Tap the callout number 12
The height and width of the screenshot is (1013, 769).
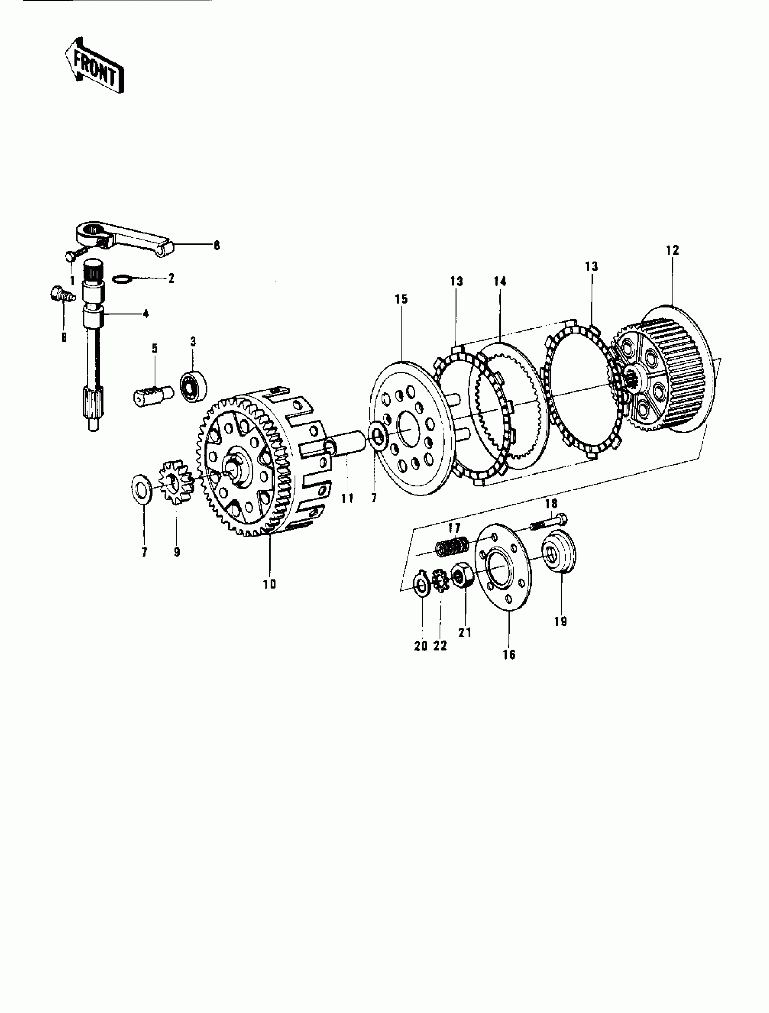tap(672, 251)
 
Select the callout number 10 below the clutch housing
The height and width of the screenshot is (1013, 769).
tap(270, 585)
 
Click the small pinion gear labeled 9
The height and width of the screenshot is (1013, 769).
tap(176, 483)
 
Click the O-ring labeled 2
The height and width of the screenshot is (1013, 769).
tap(122, 278)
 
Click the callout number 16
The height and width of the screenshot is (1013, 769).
tap(509, 654)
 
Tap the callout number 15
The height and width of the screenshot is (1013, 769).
tap(401, 299)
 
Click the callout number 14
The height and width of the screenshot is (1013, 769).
tap(500, 282)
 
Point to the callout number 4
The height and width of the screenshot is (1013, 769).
tap(146, 314)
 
